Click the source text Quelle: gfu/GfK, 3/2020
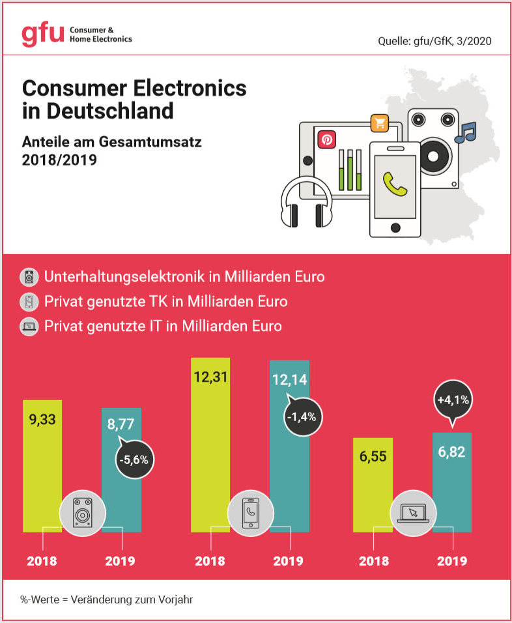point(434,41)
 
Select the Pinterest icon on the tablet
point(325,140)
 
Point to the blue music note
point(466,132)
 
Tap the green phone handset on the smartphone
point(395,184)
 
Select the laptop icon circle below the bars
point(412,514)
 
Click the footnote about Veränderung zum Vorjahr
point(106,599)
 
